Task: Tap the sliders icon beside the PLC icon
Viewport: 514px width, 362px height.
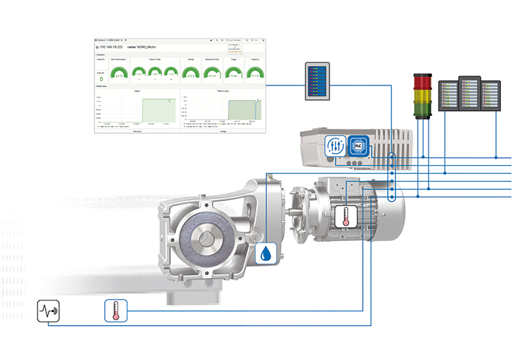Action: click(x=334, y=145)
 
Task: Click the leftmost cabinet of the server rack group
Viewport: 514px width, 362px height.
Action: click(x=450, y=95)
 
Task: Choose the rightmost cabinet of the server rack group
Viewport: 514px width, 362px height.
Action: click(x=492, y=95)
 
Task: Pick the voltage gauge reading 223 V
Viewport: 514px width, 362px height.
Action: click(x=190, y=72)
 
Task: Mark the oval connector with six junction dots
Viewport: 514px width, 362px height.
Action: click(x=392, y=177)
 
